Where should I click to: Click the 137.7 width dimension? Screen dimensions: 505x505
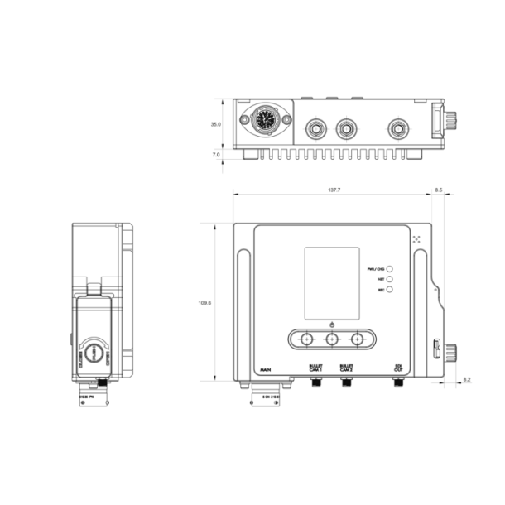[334, 190]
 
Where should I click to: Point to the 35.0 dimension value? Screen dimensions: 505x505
[215, 124]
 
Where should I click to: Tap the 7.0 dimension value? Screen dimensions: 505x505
[215, 154]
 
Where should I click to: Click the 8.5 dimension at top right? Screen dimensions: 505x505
[439, 190]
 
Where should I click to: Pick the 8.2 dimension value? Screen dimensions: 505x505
[466, 379]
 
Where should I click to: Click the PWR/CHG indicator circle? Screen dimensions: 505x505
[389, 269]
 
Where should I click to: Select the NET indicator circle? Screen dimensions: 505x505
[389, 280]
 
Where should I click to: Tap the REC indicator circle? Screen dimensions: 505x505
[389, 291]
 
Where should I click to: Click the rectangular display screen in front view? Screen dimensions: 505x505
[332, 283]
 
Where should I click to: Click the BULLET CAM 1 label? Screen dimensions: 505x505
[316, 367]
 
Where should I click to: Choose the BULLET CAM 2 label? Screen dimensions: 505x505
[346, 367]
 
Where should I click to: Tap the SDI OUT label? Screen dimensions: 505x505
[397, 367]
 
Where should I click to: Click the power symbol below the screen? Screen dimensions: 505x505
[332, 325]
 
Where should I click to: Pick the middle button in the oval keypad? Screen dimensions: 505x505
[332, 339]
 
